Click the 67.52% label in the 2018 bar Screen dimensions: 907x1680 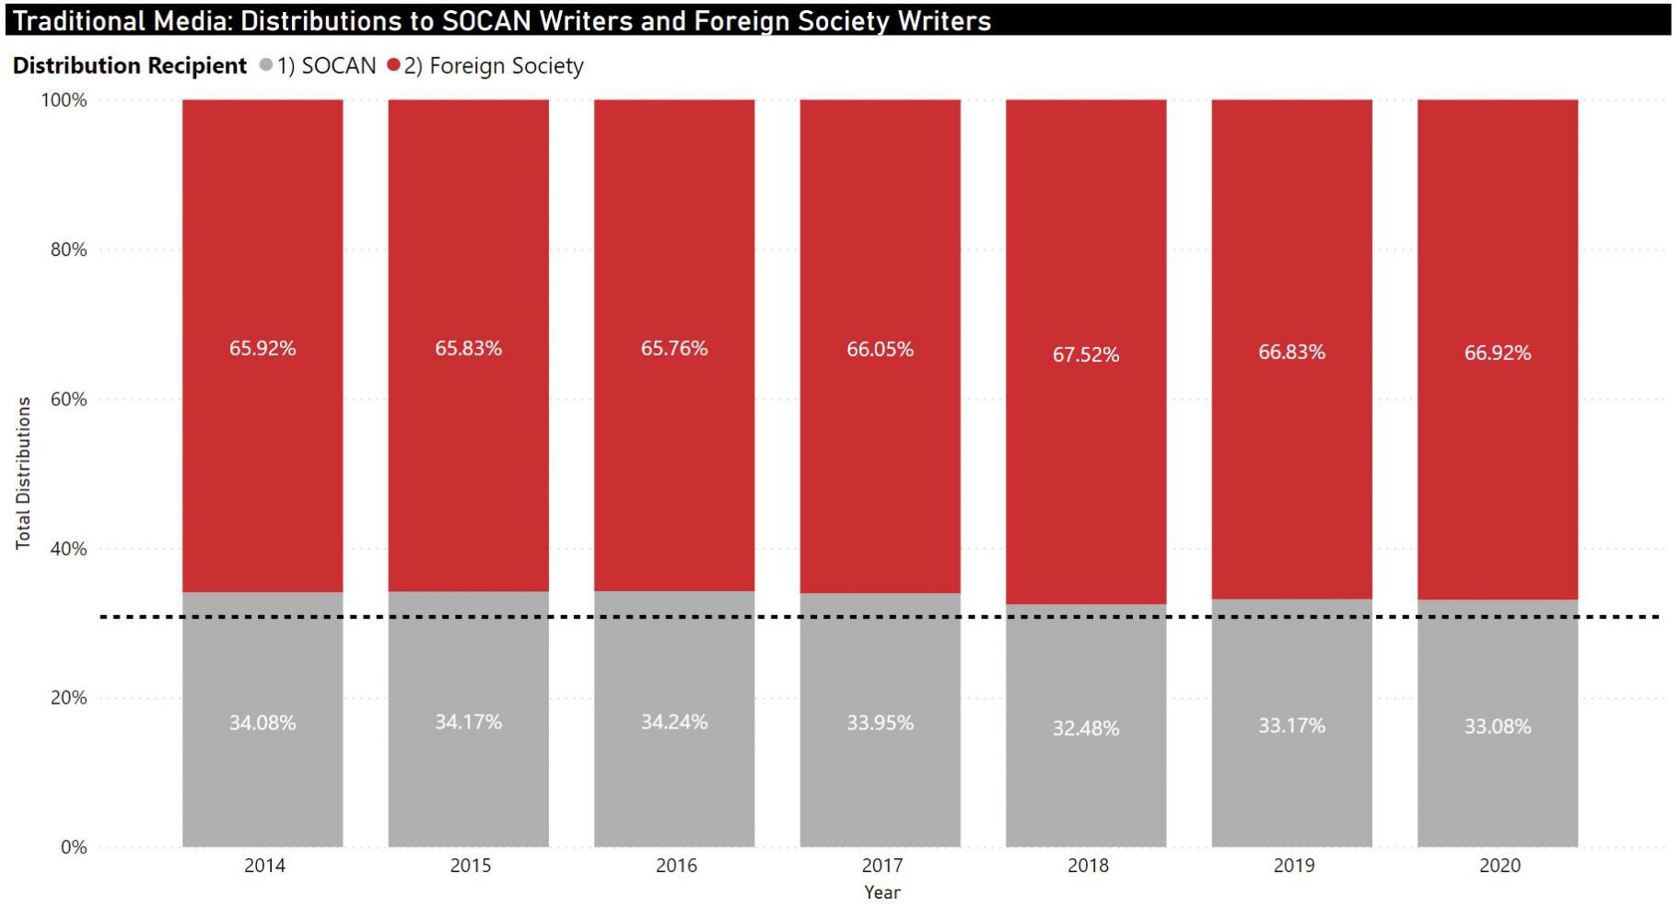click(1086, 355)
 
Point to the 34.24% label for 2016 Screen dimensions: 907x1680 click(674, 722)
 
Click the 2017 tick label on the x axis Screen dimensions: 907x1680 click(881, 866)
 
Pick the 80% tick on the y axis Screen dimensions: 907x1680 click(68, 250)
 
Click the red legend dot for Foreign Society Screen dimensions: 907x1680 click(394, 65)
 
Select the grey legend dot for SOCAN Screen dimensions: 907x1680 click(266, 65)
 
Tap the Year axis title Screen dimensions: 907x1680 click(881, 892)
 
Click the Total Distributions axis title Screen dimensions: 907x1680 click(23, 473)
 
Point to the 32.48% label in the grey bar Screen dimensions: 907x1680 click(1086, 728)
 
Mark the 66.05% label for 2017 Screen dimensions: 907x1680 click(880, 349)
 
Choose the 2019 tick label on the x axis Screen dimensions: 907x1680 click(1293, 866)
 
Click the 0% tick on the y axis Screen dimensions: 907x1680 click(74, 847)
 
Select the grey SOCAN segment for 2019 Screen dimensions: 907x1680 click(1291, 783)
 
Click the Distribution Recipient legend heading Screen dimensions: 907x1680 click(130, 65)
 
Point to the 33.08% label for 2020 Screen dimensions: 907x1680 click(1498, 727)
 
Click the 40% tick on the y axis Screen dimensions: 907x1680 click(68, 549)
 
